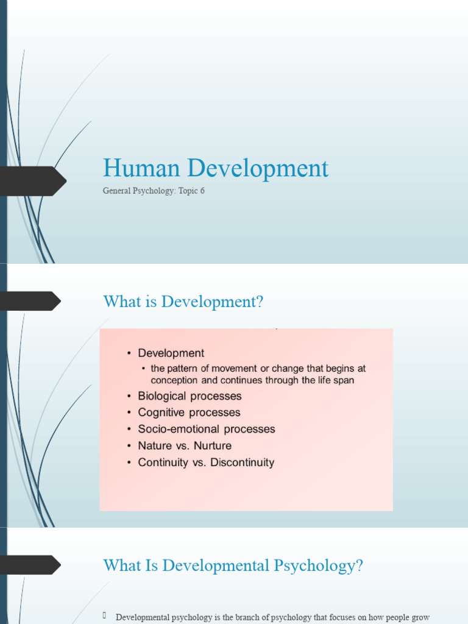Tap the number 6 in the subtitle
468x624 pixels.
pos(202,191)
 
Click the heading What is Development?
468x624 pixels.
pos(183,301)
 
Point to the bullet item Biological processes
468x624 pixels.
pos(190,396)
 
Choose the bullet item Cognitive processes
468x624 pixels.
pos(189,413)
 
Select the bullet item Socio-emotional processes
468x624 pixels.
pos(207,429)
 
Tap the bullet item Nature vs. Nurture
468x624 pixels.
pos(185,445)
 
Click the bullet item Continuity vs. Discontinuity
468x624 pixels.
pos(206,463)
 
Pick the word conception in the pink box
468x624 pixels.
pos(174,380)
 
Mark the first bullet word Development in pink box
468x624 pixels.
pos(171,353)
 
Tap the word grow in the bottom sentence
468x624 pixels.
pos(420,617)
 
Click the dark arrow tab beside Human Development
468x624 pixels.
pos(34,181)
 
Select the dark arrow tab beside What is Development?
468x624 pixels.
pos(30,301)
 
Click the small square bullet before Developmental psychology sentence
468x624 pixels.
pos(105,616)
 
